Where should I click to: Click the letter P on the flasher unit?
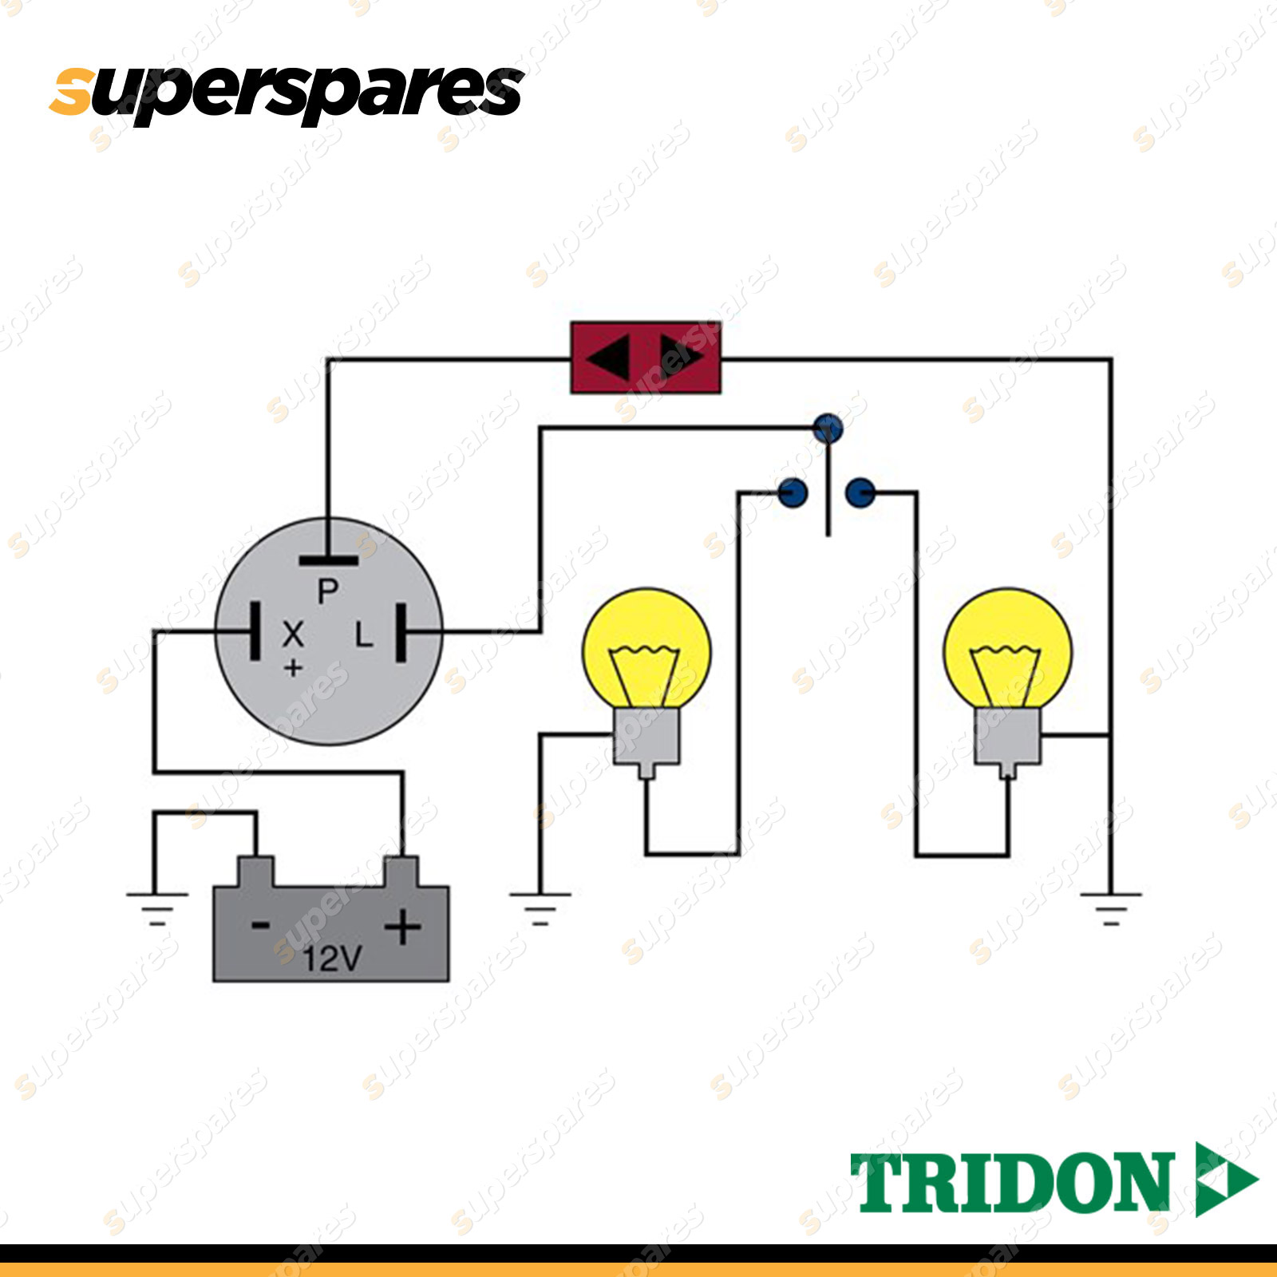[x=328, y=591]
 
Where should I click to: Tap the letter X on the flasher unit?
[x=293, y=634]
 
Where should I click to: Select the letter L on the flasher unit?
[x=364, y=634]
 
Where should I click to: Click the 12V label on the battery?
[x=332, y=958]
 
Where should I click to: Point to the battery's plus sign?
[x=403, y=927]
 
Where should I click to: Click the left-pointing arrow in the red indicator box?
[x=608, y=357]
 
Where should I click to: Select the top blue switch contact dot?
[x=828, y=429]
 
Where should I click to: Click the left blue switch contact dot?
[x=793, y=493]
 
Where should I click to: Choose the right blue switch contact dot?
[x=860, y=493]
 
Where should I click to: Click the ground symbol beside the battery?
[x=156, y=908]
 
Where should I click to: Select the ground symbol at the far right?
[x=1110, y=908]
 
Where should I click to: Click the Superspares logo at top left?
[x=287, y=93]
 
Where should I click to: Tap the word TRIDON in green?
[x=1012, y=1182]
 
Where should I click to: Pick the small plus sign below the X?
[x=293, y=667]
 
